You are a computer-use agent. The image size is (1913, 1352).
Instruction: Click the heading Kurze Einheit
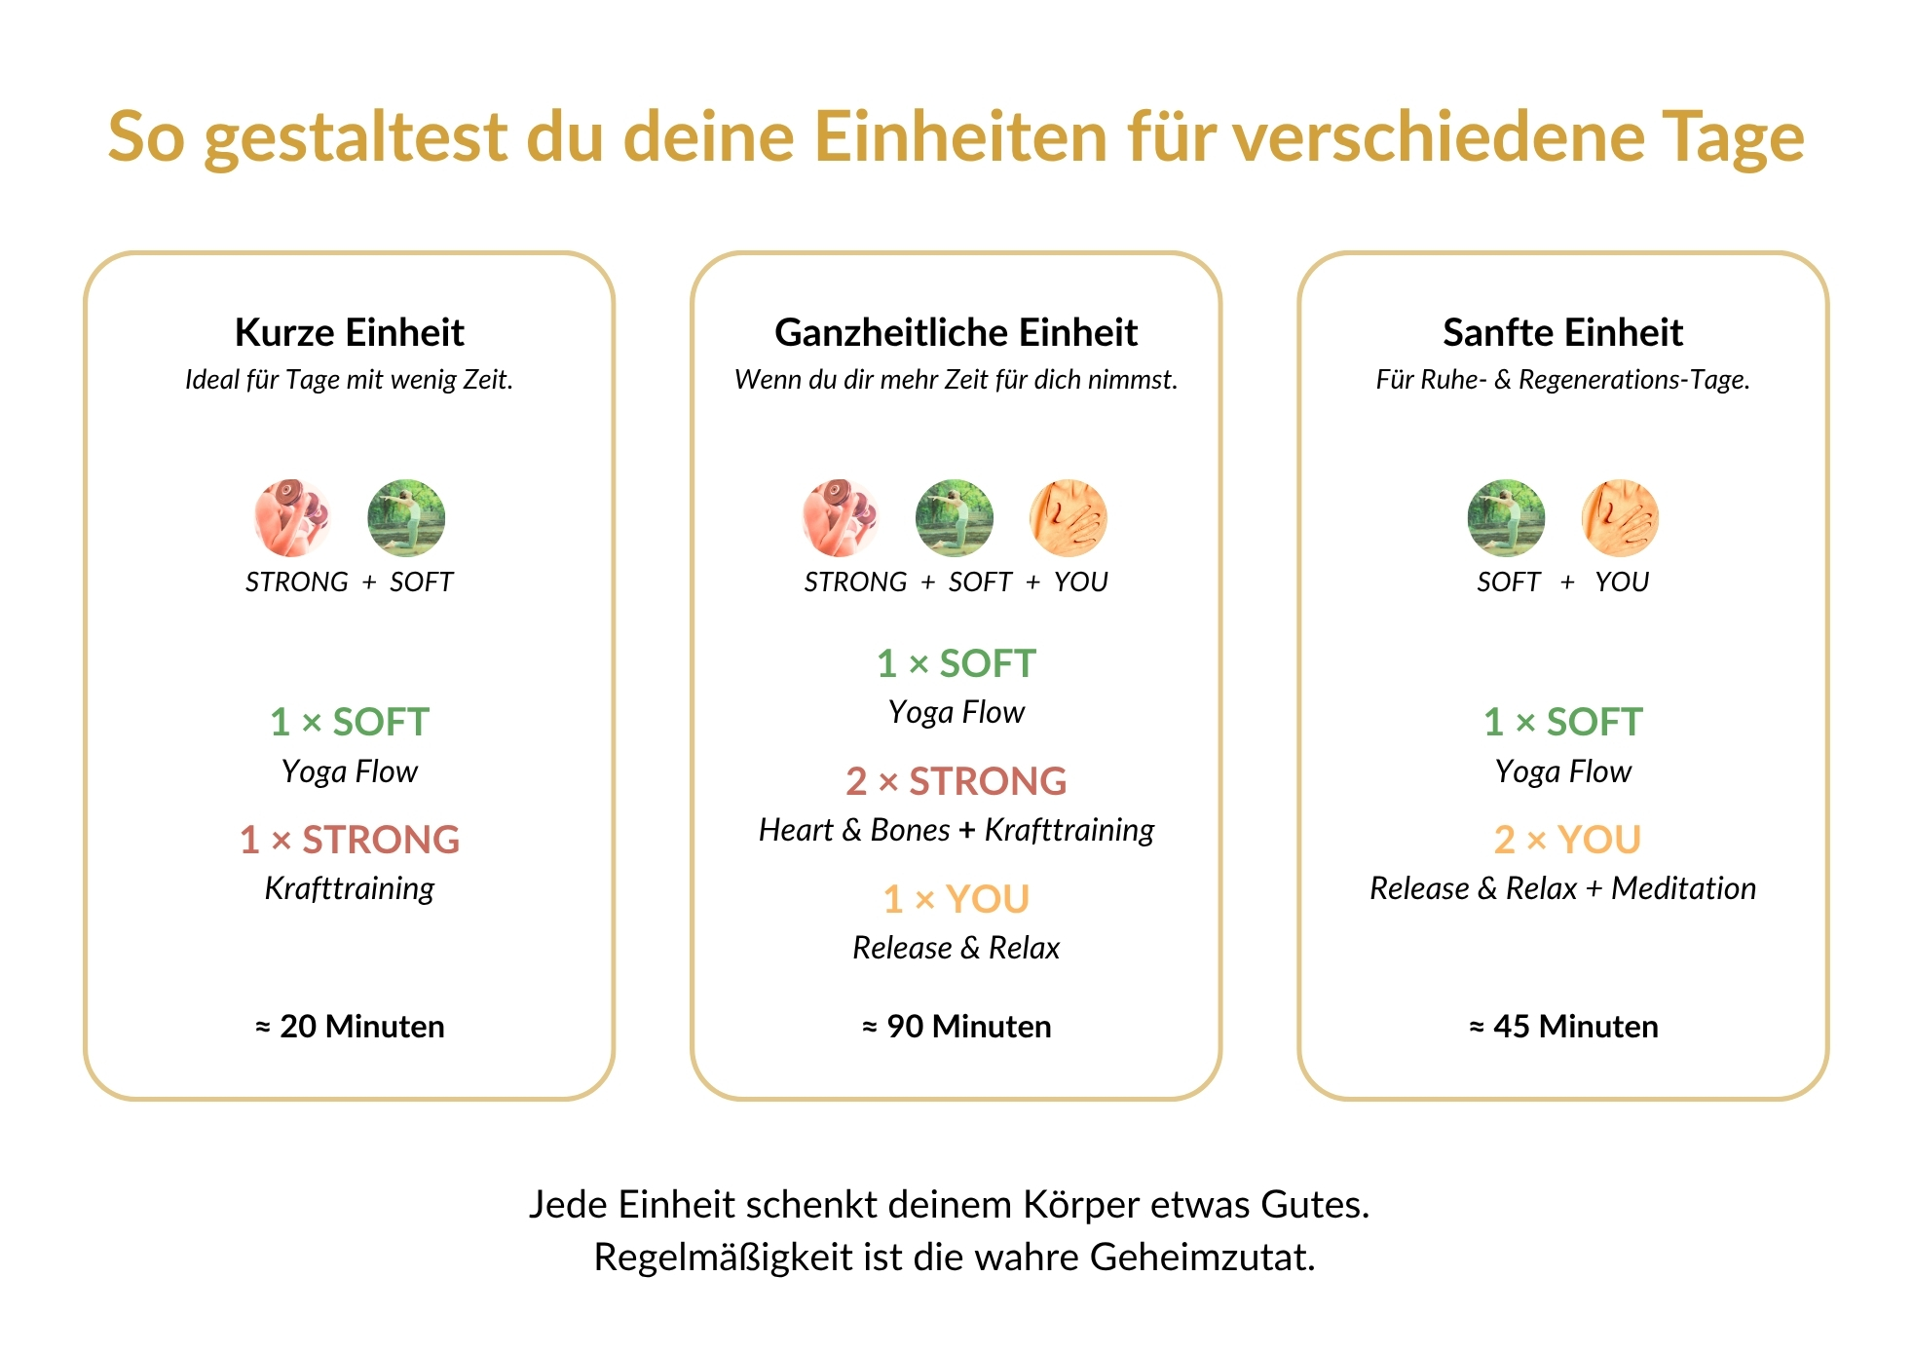(x=349, y=332)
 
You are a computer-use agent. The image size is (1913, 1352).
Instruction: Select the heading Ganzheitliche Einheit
(x=956, y=332)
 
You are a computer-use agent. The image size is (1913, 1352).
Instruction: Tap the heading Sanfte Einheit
(x=1562, y=332)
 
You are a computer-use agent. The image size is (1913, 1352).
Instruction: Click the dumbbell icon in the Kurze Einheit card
(x=292, y=517)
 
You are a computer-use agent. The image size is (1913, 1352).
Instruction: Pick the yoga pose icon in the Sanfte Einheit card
(x=1506, y=517)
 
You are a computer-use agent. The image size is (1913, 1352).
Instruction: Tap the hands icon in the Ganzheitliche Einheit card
(x=1069, y=517)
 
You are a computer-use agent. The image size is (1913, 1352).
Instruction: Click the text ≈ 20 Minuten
(x=350, y=1026)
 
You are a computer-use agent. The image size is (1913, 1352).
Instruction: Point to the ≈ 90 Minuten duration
(x=956, y=1026)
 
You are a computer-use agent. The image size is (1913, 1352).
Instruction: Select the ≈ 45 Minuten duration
(x=1563, y=1026)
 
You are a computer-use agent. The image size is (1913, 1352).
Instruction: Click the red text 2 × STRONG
(x=956, y=780)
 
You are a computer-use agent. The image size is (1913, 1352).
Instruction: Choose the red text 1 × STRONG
(x=350, y=839)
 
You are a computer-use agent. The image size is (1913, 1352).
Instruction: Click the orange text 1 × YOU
(x=956, y=898)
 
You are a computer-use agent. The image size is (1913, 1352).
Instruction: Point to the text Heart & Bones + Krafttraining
(x=956, y=830)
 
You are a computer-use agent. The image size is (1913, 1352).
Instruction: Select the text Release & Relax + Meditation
(x=1562, y=888)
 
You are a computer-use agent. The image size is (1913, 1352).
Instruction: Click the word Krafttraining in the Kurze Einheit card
(x=350, y=888)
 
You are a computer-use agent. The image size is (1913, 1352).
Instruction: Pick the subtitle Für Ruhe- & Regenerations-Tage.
(x=1562, y=379)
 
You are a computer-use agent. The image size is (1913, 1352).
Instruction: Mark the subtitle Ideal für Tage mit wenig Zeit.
(x=349, y=379)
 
